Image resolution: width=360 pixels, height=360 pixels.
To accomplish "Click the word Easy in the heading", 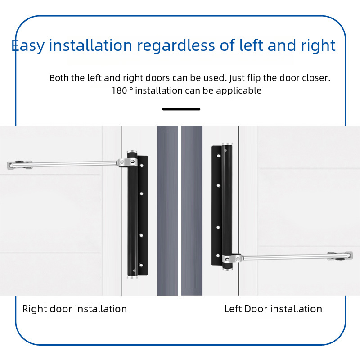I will tap(27, 45).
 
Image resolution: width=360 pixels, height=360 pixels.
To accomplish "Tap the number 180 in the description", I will tap(119, 90).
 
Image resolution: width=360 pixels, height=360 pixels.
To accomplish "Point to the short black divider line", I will tap(181, 109).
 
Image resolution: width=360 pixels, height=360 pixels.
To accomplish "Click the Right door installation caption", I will tap(75, 309).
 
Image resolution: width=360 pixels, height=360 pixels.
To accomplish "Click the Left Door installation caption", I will tap(273, 309).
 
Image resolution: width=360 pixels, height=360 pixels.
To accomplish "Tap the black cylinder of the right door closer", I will tap(228, 202).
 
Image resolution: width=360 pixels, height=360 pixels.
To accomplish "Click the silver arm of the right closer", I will tap(288, 257).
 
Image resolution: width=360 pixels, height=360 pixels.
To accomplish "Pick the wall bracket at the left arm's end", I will tap(18, 165).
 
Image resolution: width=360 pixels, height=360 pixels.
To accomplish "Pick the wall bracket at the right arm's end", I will tap(341, 256).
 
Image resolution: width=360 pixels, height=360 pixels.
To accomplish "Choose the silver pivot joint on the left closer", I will tap(122, 161).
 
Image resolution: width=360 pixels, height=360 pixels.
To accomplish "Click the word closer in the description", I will tap(317, 78).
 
